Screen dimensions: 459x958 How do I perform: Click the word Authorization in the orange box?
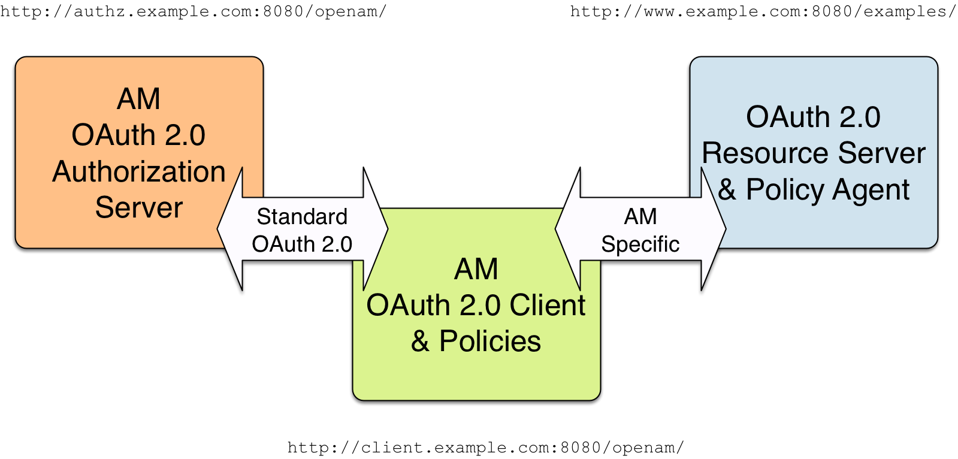pos(138,172)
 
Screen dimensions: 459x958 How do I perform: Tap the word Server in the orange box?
pos(138,208)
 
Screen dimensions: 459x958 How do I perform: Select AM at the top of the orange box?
pos(138,99)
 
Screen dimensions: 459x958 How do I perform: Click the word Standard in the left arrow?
pos(302,216)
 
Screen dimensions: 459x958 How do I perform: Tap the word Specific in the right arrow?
pos(640,244)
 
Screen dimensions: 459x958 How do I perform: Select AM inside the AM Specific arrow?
pos(640,216)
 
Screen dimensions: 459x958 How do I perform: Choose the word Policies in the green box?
pos(489,342)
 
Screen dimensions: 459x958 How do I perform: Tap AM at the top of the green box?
pos(476,269)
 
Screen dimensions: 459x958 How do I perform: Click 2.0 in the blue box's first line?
pos(859,117)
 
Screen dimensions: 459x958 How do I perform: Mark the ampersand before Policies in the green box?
pos(420,342)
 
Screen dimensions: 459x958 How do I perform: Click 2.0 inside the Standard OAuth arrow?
pos(336,244)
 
